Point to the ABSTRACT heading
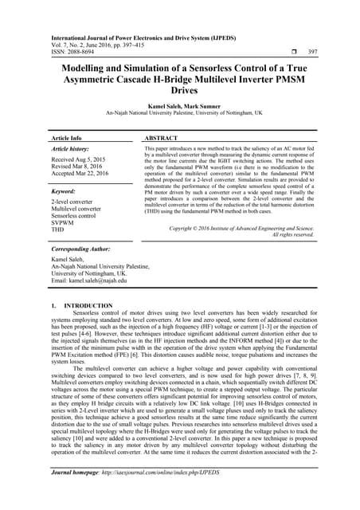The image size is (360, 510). [x=166, y=138]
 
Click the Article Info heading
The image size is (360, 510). [x=71, y=138]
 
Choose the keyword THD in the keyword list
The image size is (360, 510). [x=58, y=229]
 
